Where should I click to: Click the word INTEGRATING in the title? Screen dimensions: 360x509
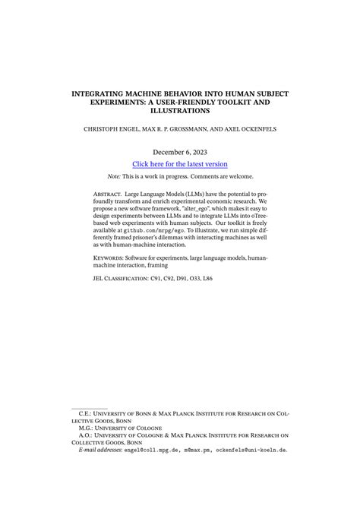tap(99, 93)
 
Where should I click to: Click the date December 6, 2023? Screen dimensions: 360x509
tap(180, 152)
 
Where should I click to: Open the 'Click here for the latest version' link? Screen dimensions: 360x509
tap(180, 164)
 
